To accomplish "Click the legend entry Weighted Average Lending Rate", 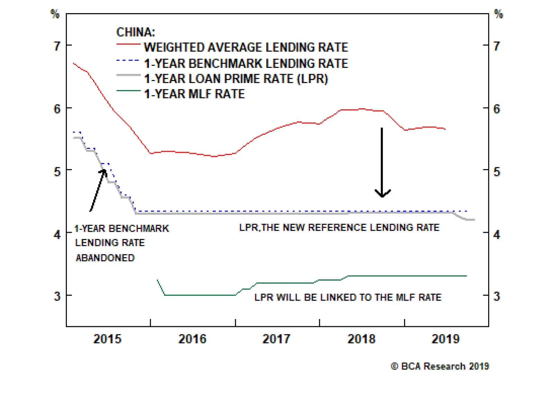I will [246, 47].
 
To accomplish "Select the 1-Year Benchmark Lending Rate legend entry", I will [246, 63].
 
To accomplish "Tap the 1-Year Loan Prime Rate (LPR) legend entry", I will [236, 79].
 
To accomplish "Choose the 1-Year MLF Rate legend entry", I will [194, 94].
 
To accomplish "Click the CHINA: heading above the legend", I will [135, 32].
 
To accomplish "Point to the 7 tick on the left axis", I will [57, 46].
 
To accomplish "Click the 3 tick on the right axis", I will [497, 296].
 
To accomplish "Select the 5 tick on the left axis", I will [57, 171].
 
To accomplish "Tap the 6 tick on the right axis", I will [497, 109].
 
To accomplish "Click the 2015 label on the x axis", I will [107, 339].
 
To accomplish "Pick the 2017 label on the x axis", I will [276, 339].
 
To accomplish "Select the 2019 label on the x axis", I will [445, 339].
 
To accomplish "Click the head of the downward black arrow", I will [382, 195].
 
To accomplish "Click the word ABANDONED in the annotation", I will [105, 258].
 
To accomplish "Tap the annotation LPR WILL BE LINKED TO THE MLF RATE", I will [348, 298].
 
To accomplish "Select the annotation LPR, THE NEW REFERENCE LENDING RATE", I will [339, 228].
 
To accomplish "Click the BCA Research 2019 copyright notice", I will [440, 366].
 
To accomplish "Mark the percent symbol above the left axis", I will [55, 14].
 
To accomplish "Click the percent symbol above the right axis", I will [498, 14].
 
